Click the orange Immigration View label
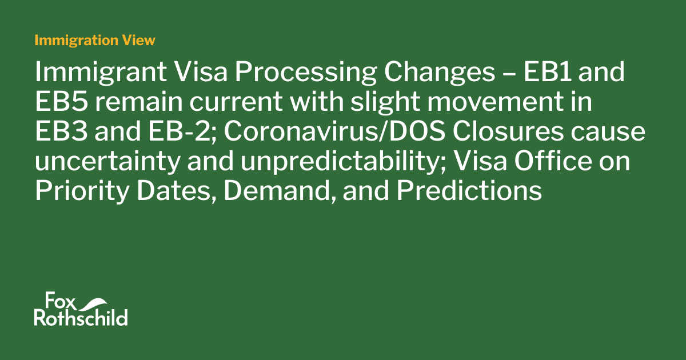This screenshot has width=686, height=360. pos(94,40)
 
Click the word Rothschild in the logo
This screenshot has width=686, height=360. pos(81,318)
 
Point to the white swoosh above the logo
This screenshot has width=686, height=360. pos(97,302)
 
